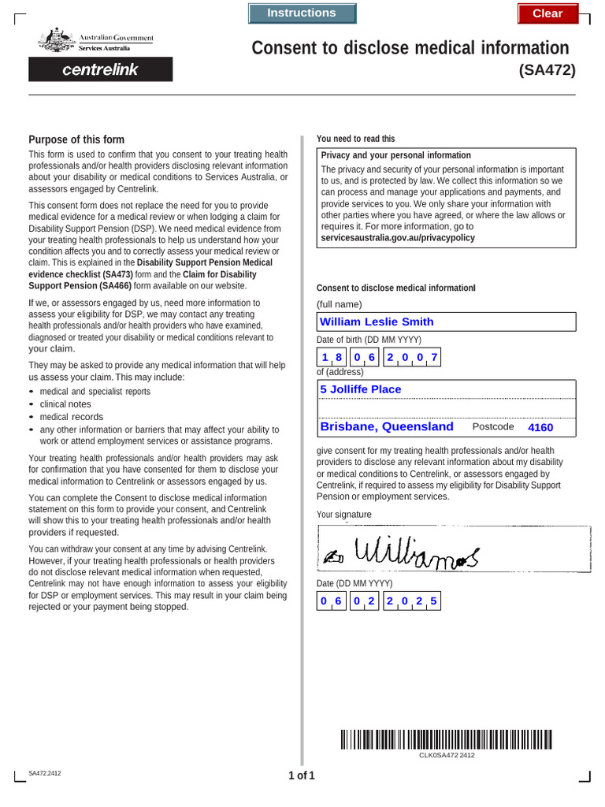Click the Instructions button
coord(302,13)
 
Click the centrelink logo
coord(100,69)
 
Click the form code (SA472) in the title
coord(547,70)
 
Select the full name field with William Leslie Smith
coord(446,322)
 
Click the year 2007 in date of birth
coord(412,358)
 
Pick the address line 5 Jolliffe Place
coord(446,389)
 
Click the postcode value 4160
coord(540,427)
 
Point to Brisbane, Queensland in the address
coord(387,426)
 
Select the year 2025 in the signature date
coord(412,601)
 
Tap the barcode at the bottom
coord(446,738)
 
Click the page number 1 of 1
coord(302,775)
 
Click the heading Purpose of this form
coord(76,139)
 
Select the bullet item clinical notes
coord(65,404)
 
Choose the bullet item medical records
coord(71,417)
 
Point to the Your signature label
coord(343,515)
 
